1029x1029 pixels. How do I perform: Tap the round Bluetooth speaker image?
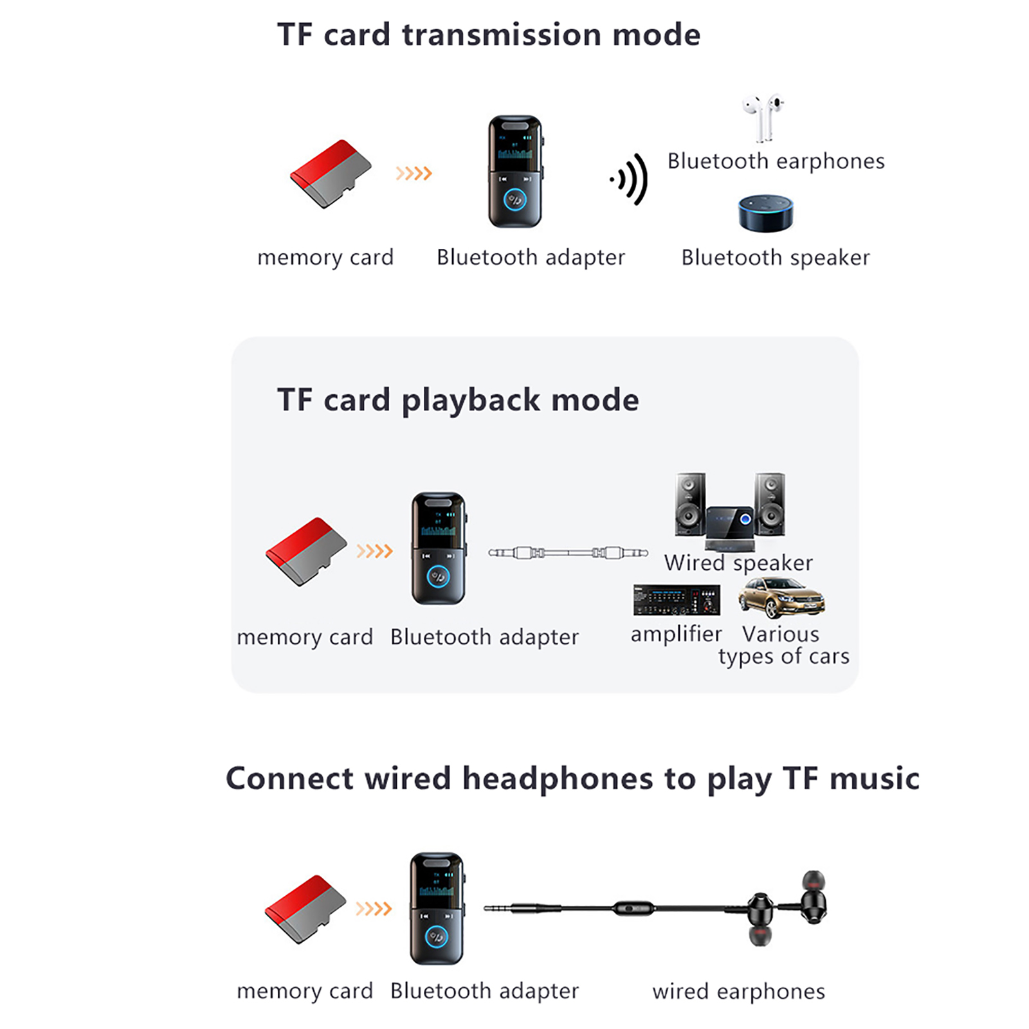coord(765,214)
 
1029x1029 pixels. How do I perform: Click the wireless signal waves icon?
coord(630,179)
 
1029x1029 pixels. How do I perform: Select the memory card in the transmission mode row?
coord(331,174)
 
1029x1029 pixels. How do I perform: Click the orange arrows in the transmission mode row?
coord(414,173)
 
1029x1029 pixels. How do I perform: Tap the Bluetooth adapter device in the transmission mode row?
coord(514,172)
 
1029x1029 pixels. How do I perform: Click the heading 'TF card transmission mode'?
coord(488,35)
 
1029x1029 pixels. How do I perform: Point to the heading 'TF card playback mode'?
coord(458,400)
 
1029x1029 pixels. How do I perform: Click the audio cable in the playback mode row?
coord(568,552)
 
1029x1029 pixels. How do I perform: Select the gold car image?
coord(781,597)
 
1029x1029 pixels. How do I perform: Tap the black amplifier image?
coord(676,600)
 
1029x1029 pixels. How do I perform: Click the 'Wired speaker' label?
coord(738,563)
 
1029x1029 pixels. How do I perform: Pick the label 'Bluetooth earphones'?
coord(776,161)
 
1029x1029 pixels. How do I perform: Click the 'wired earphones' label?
coord(738,991)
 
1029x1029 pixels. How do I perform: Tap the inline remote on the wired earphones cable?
coord(633,909)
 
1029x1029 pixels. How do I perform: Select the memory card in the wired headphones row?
coord(305,909)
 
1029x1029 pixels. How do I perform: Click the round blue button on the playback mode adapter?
coord(439,576)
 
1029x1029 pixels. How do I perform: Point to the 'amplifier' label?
coord(676,634)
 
